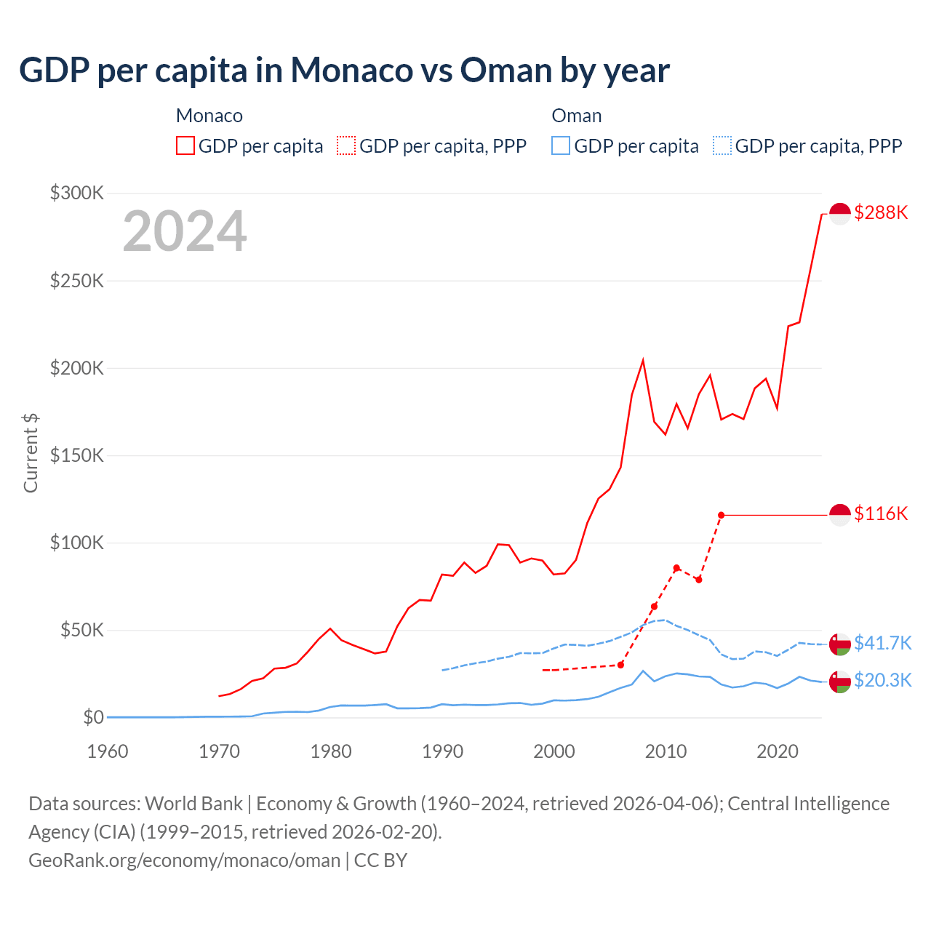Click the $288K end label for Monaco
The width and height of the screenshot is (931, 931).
pos(881,212)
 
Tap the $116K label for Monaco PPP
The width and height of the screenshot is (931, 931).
pos(881,514)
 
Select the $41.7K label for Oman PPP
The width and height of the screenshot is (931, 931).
pos(882,643)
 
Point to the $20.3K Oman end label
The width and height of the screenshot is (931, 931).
pos(882,680)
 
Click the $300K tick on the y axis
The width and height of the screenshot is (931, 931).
pos(77,193)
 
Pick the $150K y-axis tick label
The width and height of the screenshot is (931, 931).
pos(77,455)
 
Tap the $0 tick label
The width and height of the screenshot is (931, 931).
pos(93,717)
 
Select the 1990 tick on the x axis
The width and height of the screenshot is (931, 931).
pos(442,751)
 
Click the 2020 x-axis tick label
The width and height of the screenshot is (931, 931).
pos(778,751)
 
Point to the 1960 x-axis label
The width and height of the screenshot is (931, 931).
pos(108,751)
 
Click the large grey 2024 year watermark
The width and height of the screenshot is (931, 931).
pos(185,231)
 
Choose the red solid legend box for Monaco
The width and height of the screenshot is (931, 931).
pos(185,145)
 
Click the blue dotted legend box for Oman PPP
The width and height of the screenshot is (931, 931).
pos(722,145)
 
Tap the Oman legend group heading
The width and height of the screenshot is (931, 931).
pos(576,116)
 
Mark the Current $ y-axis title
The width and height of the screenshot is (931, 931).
pos(31,452)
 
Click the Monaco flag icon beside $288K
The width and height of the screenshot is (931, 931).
pos(840,214)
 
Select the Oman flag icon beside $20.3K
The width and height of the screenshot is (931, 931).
pos(840,682)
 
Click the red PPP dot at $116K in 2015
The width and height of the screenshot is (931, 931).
pos(721,515)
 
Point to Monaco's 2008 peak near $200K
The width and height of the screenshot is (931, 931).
pos(643,361)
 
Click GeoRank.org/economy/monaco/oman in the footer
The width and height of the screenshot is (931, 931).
pos(184,860)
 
